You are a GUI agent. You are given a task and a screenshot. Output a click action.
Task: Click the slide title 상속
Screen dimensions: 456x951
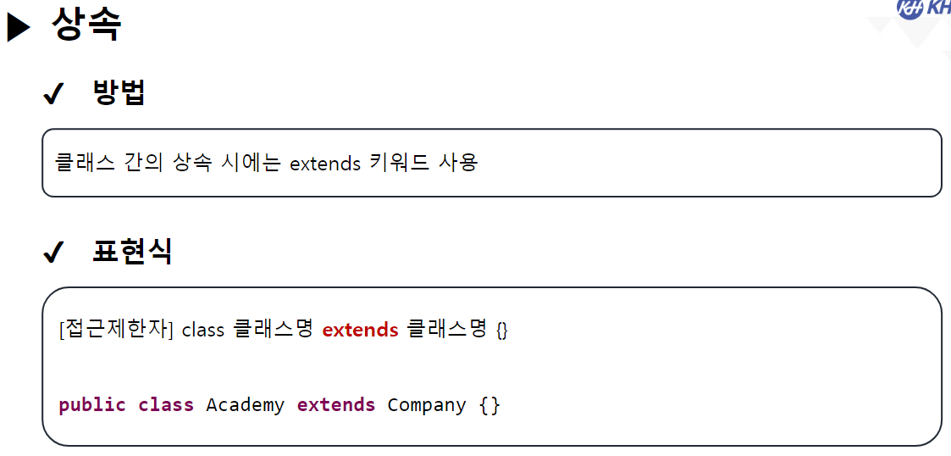click(x=86, y=24)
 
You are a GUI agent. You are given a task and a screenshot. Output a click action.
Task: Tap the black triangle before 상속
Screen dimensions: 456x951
click(x=19, y=28)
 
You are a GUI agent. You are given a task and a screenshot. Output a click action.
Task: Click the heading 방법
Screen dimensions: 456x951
click(x=119, y=92)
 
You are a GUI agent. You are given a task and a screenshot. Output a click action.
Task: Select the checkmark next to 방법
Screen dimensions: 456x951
click(x=53, y=95)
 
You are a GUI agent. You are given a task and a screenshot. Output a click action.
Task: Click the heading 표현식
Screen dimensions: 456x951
click(x=132, y=251)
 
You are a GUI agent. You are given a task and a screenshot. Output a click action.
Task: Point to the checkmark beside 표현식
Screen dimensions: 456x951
click(x=53, y=253)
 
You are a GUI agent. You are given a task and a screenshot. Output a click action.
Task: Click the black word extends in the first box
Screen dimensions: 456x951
click(x=325, y=163)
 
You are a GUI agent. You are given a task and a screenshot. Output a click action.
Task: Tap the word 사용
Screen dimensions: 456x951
click(x=458, y=162)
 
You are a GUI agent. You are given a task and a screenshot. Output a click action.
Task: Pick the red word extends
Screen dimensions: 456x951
click(x=360, y=329)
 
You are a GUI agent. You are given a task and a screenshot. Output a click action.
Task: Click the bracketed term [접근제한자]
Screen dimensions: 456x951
click(x=116, y=329)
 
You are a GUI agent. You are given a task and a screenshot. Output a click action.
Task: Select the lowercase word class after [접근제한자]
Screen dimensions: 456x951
click(x=203, y=330)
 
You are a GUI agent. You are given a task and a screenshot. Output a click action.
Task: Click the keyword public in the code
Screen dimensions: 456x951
click(x=92, y=405)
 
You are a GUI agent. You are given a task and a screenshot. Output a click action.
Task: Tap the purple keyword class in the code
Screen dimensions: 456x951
click(x=166, y=405)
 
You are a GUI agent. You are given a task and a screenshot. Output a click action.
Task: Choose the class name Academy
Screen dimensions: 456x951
click(x=245, y=405)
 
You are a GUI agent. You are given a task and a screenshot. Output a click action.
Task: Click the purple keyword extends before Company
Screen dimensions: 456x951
click(x=335, y=405)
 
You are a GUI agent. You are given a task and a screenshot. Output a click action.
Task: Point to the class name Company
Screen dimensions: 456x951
click(x=426, y=405)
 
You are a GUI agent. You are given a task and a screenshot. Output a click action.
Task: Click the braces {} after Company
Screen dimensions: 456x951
click(x=489, y=405)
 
